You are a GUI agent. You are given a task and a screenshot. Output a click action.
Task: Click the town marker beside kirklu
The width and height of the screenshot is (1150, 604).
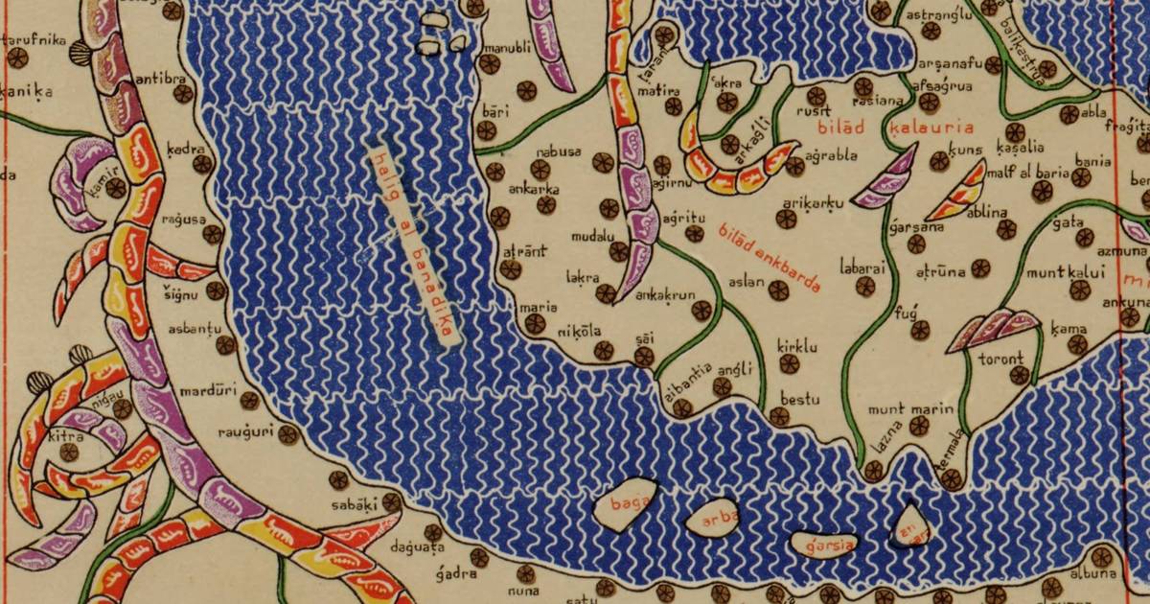(x=790, y=363)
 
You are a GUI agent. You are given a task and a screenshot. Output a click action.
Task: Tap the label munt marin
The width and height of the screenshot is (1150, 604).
(x=910, y=409)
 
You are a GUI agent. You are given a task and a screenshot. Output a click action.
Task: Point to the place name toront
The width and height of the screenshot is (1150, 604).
(x=1000, y=360)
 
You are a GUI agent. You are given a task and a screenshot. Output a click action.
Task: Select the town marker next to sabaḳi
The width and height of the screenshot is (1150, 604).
(x=391, y=501)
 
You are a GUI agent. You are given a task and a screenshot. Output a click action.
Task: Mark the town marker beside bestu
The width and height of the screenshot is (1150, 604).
(x=779, y=415)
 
